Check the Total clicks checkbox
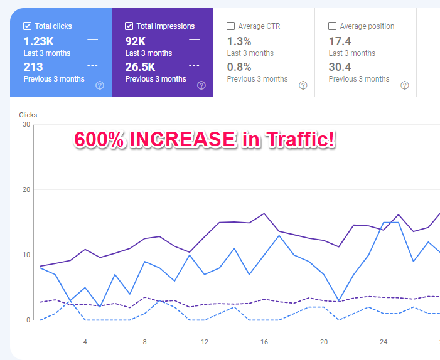tap(28, 26)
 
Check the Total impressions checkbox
tap(129, 26)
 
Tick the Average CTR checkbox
tap(231, 26)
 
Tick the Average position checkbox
tap(333, 26)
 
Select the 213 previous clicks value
tap(33, 67)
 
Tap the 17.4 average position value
tap(340, 41)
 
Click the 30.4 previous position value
tap(340, 67)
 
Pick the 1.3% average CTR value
tap(239, 41)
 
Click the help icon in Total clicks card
tap(100, 85)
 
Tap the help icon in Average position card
tap(405, 85)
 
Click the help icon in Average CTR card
tap(303, 85)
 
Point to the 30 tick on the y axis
tap(26, 124)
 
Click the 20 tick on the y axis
tap(26, 189)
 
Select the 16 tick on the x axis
tap(264, 342)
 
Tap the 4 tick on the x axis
tap(85, 342)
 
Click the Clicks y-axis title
tap(28, 115)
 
